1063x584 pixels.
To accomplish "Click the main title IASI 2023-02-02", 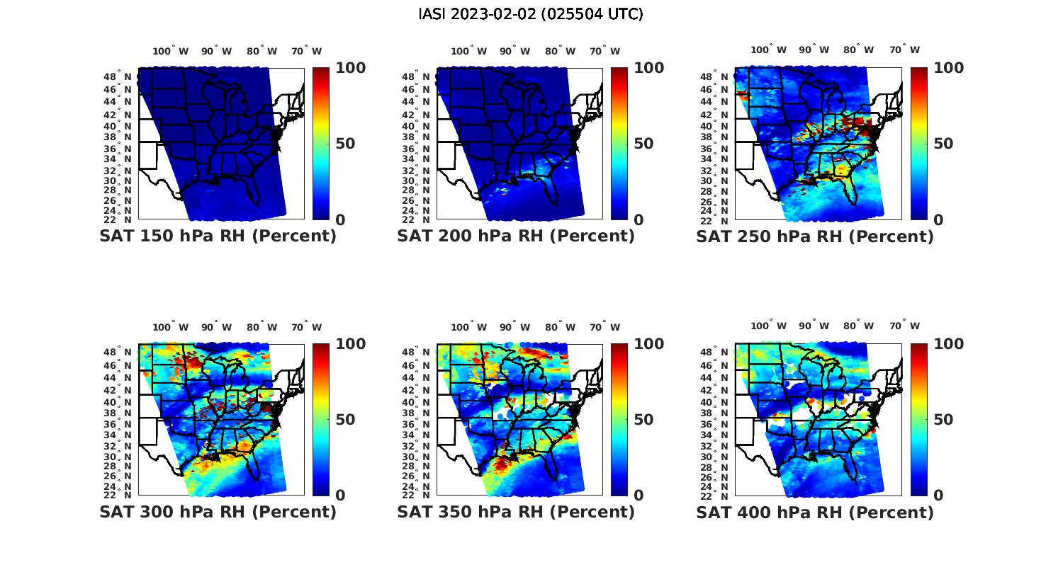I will click(x=531, y=14).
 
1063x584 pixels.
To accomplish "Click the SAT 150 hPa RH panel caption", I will click(x=218, y=236).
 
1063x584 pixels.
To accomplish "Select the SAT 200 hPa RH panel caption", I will click(x=516, y=236).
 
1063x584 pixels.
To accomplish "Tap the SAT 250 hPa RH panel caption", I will click(x=815, y=236).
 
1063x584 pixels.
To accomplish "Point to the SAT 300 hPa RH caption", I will click(x=218, y=512).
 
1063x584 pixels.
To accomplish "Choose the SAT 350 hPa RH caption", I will click(x=516, y=512).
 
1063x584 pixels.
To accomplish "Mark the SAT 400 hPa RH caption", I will click(x=815, y=512).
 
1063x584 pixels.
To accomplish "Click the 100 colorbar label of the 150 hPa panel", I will click(x=350, y=68).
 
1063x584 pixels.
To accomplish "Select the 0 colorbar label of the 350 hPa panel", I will click(x=639, y=496).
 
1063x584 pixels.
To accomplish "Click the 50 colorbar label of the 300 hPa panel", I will click(x=345, y=420).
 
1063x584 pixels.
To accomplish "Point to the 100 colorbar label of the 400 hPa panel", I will click(x=949, y=344).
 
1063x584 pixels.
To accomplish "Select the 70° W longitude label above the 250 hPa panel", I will click(x=905, y=50).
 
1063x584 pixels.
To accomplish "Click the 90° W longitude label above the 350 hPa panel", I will click(x=515, y=327).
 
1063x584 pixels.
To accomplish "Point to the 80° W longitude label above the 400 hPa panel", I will click(x=858, y=326).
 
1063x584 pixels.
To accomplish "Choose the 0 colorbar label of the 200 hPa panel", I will click(x=639, y=220).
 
